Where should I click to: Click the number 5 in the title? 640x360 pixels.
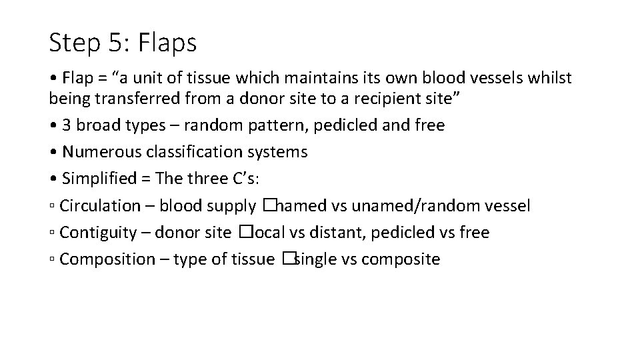tap(113, 43)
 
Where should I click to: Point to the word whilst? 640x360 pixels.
tap(549, 79)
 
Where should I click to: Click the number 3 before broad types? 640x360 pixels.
tap(67, 126)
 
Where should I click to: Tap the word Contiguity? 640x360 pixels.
tap(97, 233)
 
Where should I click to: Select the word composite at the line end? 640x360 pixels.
tap(402, 259)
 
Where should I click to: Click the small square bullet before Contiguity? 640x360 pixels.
tap(52, 233)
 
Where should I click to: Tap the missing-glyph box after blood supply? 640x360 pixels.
tap(267, 206)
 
